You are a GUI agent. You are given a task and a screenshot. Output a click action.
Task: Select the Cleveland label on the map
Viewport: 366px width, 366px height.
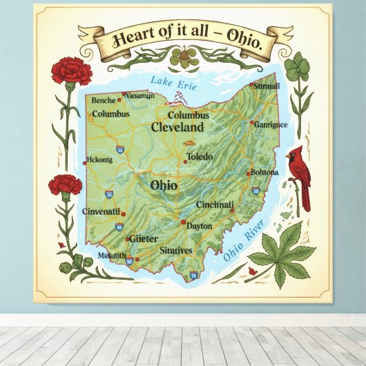pos(177,128)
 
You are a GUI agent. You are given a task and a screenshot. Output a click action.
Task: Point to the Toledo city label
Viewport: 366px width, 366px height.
pos(200,157)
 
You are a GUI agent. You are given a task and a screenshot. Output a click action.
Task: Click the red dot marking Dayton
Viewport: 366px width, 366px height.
pos(183,222)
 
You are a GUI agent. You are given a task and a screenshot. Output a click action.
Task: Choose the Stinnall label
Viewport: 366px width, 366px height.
pos(267,86)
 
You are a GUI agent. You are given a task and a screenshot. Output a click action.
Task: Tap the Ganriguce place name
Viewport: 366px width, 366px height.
pos(271,125)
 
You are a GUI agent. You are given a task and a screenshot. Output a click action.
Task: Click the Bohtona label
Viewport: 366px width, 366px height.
pos(264,172)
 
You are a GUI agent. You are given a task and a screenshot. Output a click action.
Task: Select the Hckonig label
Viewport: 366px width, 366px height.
pos(99,160)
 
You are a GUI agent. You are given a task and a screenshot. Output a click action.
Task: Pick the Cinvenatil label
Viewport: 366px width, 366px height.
pos(102,211)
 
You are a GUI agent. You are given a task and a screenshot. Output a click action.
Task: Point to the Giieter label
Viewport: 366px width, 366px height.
pos(144,238)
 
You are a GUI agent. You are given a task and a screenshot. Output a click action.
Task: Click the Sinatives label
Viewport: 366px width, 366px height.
pos(175,250)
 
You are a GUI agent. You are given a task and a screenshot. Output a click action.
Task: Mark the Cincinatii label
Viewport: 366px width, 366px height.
pos(215,205)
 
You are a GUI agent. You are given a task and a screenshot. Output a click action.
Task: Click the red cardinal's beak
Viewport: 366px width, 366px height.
pos(289,156)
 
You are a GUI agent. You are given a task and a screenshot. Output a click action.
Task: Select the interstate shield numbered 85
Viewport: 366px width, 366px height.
pos(120,226)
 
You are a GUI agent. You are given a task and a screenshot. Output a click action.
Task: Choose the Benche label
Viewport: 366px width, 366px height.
pos(104,100)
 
